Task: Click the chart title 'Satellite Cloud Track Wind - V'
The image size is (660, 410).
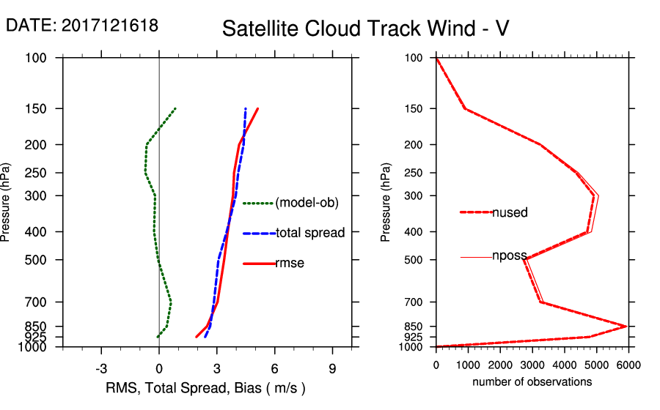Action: point(365,29)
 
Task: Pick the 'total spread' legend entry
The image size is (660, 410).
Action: point(309,233)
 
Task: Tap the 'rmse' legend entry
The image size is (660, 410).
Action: point(289,264)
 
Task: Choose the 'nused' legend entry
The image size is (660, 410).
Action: point(509,212)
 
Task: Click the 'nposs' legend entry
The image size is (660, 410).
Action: point(510,256)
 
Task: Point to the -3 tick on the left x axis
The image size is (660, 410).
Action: point(101,368)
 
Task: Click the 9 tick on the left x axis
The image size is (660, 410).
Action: point(332,368)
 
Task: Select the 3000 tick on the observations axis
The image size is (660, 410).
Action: point(532,365)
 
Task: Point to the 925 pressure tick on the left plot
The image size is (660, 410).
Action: point(37,337)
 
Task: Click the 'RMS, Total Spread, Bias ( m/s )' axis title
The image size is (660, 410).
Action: point(205,387)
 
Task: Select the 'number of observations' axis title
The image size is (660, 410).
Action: point(532,382)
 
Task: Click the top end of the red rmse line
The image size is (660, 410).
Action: point(257,108)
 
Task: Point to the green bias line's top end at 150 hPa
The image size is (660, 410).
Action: point(175,108)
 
